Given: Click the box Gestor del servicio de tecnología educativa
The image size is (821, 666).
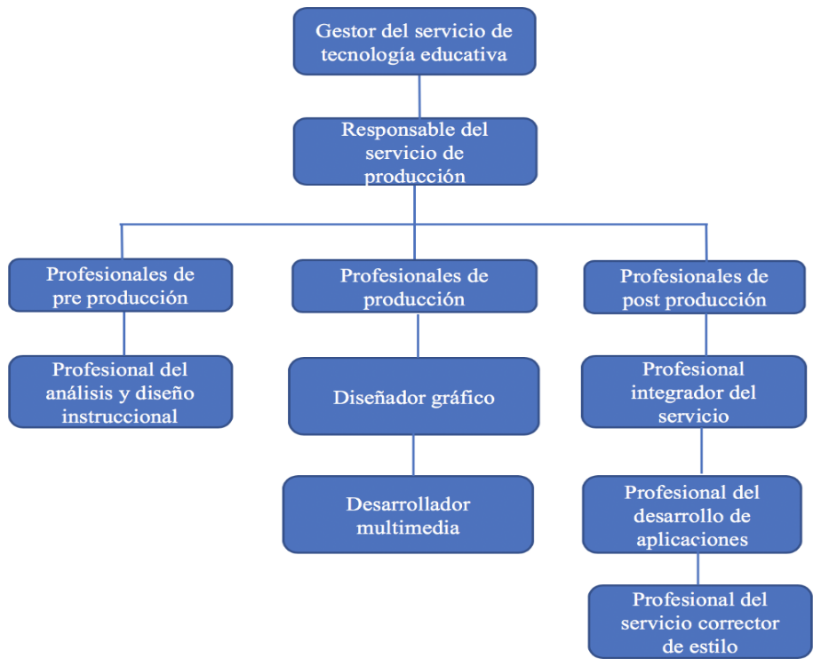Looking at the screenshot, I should (414, 42).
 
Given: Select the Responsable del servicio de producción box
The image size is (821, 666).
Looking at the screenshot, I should (415, 153).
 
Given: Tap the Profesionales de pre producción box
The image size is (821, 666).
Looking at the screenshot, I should (120, 285).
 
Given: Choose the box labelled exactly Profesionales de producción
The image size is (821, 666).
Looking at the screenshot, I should (414, 287).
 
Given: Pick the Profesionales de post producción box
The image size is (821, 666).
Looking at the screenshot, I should (694, 288).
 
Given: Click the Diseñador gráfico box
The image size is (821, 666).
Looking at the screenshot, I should (413, 396).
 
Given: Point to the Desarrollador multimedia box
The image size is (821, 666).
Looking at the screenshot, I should (408, 515).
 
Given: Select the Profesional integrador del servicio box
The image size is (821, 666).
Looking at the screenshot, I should (694, 392).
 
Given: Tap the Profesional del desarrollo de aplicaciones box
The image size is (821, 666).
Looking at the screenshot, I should (692, 515).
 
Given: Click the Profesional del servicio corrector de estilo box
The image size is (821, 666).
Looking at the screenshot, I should (701, 622).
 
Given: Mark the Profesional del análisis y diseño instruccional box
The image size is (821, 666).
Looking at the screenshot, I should (120, 392).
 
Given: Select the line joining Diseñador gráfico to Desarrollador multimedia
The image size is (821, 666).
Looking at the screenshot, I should (412, 455).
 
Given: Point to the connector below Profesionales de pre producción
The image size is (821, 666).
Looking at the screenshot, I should (124, 333).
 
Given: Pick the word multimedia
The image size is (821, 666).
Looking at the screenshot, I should (408, 527).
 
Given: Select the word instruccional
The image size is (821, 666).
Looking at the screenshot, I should (120, 416).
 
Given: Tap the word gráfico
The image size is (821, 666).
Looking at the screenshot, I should (462, 397).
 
